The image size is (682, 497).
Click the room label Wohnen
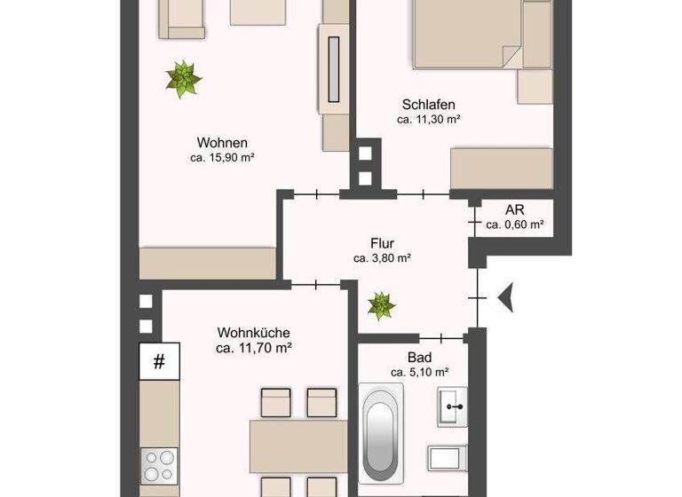click(x=222, y=142)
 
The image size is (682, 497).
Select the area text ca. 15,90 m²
click(x=222, y=158)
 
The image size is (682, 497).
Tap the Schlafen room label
click(x=428, y=104)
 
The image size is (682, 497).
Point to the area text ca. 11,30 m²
click(x=428, y=119)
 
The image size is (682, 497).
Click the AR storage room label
click(x=514, y=210)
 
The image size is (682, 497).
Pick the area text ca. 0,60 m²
click(x=515, y=225)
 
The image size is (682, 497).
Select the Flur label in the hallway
click(x=382, y=243)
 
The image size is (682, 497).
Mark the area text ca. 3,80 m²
click(x=382, y=259)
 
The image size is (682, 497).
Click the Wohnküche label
click(x=254, y=333)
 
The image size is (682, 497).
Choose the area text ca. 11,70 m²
click(x=254, y=349)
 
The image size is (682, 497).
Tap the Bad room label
click(x=419, y=357)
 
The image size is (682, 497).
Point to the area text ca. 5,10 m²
click(x=419, y=373)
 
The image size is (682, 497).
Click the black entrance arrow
click(x=506, y=296)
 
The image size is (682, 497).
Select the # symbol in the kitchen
click(x=160, y=361)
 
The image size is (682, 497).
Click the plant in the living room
click(x=183, y=79)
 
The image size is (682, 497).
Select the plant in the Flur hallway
click(x=382, y=306)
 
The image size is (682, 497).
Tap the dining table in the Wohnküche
click(x=297, y=448)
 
